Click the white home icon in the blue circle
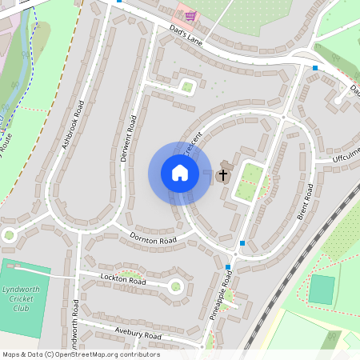coord(179,173)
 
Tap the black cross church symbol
coord(223,174)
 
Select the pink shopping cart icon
coord(190,15)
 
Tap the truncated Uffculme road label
coord(346,154)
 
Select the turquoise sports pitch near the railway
coord(321,289)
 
